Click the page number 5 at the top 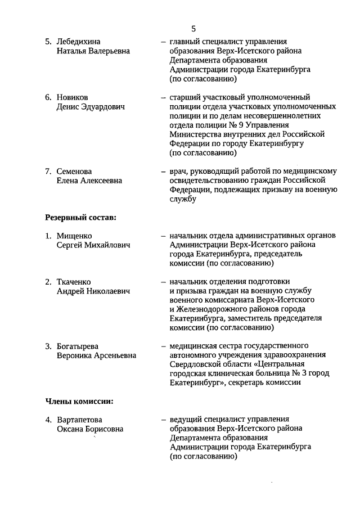193,29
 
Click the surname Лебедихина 82,42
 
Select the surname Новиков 73,97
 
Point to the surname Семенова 75,171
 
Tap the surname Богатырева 78,346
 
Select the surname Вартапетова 80,420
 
